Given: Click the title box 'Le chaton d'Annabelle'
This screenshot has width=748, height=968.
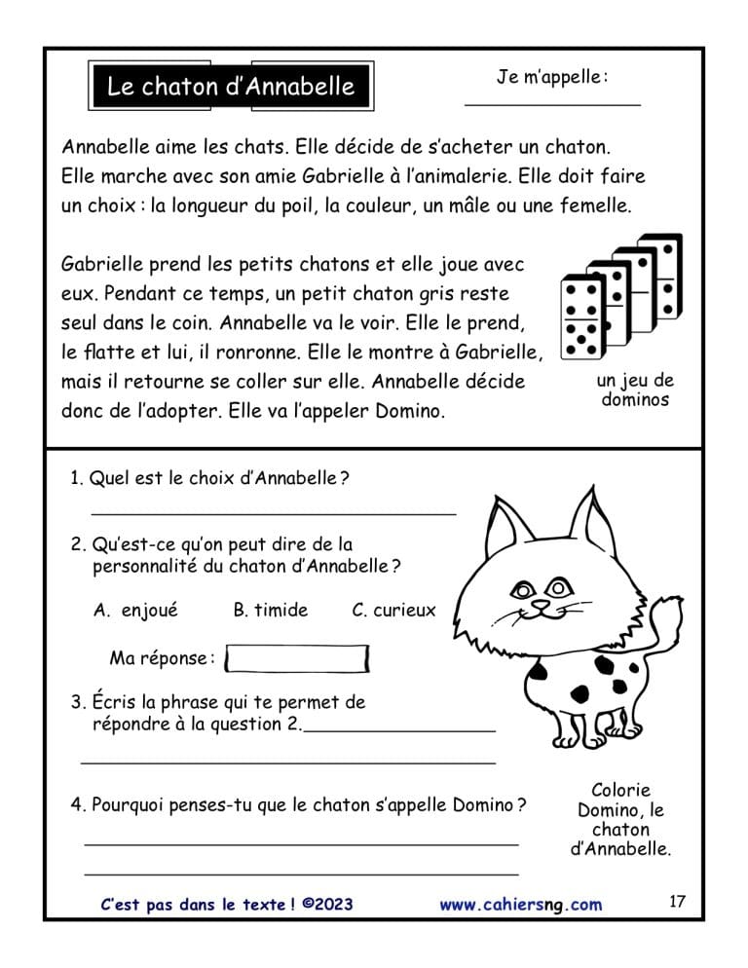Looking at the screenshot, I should click(230, 88).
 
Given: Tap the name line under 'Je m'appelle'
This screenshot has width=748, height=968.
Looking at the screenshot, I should click(552, 102).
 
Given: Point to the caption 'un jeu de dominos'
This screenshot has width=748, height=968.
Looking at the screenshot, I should click(635, 390).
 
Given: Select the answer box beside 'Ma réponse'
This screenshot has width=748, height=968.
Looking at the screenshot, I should click(296, 659).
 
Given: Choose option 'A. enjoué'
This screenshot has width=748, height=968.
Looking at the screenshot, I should click(136, 611).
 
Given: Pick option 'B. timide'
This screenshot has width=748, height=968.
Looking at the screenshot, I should click(270, 611).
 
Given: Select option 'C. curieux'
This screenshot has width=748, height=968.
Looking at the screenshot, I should click(393, 611).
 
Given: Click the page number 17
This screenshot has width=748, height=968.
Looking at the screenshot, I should click(678, 902).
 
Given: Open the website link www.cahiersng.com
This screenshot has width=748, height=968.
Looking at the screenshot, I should click(520, 905).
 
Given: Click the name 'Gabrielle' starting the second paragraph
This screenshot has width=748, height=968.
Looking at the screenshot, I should click(101, 265).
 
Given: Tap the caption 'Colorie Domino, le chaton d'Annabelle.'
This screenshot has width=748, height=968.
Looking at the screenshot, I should click(620, 819).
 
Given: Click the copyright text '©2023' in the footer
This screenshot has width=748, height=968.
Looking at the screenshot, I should click(327, 905).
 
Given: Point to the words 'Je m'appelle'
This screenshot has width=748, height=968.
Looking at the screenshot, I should click(552, 77).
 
